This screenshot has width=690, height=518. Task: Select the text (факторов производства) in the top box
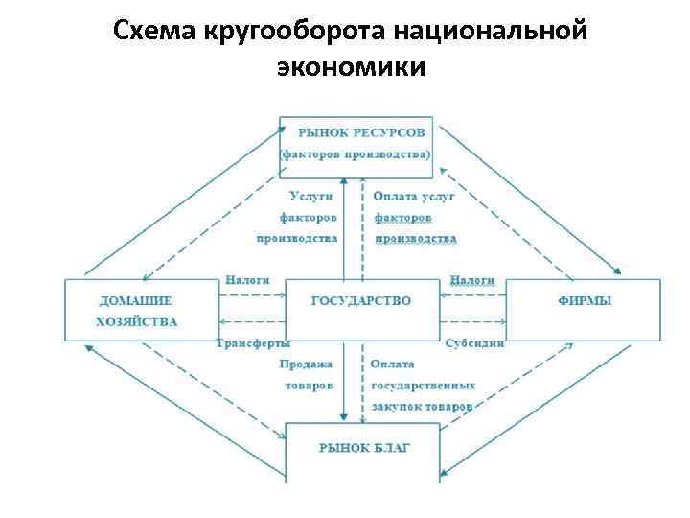356,153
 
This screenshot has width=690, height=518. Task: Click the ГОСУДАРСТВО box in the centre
361,300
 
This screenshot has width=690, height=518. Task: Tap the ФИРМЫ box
584,300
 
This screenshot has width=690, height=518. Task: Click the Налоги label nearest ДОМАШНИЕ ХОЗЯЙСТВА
247,279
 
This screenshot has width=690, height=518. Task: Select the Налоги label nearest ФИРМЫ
471,279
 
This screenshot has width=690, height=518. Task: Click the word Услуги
312,196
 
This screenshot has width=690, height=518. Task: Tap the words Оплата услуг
413,196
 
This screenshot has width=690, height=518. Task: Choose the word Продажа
307,364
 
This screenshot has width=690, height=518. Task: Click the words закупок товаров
423,406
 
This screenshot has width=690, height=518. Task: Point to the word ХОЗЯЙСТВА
137,321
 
